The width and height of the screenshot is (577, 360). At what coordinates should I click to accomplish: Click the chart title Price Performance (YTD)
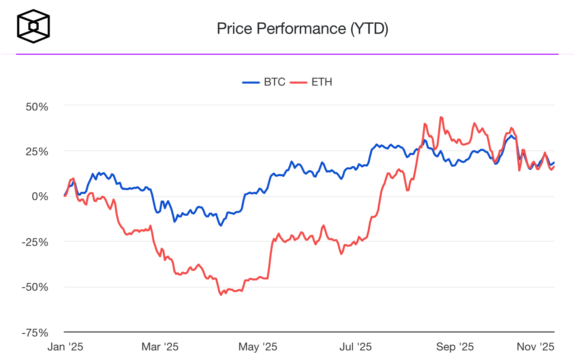click(302, 29)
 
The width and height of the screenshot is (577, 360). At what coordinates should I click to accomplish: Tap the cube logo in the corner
click(33, 26)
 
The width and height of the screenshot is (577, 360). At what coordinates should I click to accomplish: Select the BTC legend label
click(274, 82)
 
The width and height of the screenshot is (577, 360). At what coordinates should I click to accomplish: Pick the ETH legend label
click(322, 82)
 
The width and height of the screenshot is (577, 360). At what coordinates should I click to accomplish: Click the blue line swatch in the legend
click(251, 82)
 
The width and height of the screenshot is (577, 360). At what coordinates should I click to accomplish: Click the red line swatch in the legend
click(299, 82)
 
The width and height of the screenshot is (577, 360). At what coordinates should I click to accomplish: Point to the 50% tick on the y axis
click(37, 107)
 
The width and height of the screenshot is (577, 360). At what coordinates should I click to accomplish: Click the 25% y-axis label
click(37, 152)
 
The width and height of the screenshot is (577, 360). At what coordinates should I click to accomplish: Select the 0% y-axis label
click(40, 196)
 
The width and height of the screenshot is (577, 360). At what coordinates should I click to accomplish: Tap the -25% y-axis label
click(35, 242)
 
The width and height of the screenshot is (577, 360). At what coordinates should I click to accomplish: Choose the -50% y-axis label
click(35, 287)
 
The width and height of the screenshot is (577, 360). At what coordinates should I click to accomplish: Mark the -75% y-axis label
click(35, 333)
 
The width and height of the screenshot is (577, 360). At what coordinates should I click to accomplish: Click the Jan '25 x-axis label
click(65, 347)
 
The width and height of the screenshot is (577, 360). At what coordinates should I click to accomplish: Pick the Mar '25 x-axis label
click(160, 347)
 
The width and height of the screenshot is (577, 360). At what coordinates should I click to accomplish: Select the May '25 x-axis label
click(258, 347)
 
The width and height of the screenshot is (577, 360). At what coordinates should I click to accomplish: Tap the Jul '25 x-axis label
click(355, 347)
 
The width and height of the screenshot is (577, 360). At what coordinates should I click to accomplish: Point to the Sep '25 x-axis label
click(455, 347)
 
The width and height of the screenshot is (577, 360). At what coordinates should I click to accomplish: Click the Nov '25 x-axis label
click(535, 347)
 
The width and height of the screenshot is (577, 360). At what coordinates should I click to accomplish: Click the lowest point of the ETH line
click(221, 295)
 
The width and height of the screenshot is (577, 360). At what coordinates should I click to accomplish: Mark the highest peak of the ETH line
click(441, 117)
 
